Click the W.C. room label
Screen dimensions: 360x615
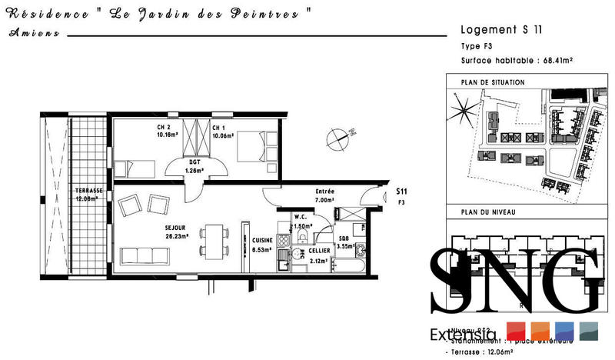click(x=301, y=218)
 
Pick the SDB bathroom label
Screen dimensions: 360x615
click(x=344, y=239)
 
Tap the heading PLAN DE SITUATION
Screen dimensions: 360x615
click(x=492, y=82)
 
